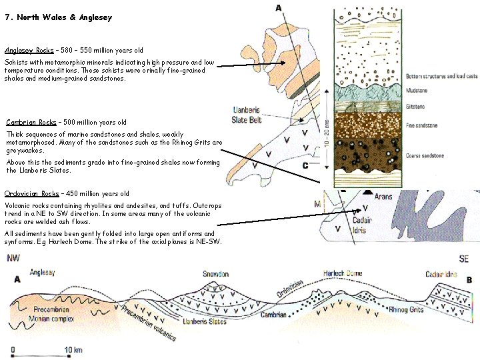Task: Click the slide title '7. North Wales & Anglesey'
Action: point(58,17)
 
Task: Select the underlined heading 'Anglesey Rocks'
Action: point(28,50)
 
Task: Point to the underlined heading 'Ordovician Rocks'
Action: point(31,193)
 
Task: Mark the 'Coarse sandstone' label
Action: point(425,155)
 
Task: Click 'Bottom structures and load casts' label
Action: point(441,76)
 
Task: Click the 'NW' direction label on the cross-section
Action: point(13,259)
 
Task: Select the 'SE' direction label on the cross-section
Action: point(463,259)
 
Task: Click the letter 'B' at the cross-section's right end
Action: point(469,280)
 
